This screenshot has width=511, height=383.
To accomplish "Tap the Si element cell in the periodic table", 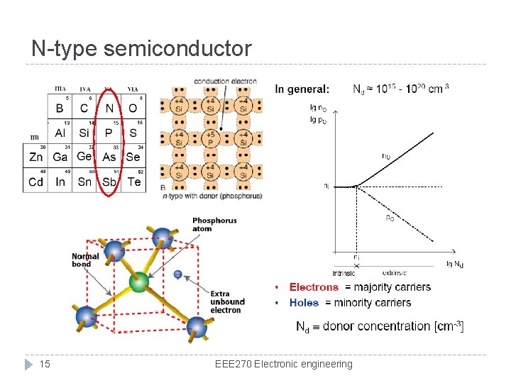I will pyautogui.click(x=84, y=133).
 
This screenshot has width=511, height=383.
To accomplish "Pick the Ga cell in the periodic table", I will pyautogui.click(x=60, y=157).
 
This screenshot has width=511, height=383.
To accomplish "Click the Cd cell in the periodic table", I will pyautogui.click(x=35, y=182).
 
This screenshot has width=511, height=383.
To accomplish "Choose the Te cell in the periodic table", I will pyautogui.click(x=133, y=182).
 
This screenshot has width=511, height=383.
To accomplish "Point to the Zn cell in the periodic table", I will pyautogui.click(x=35, y=157).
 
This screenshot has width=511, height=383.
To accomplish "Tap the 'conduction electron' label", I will pyautogui.click(x=225, y=82).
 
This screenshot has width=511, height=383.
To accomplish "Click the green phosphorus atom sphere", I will pyautogui.click(x=141, y=282).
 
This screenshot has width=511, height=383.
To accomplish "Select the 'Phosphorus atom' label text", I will pyautogui.click(x=214, y=225).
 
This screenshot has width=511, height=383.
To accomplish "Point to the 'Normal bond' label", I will pyautogui.click(x=85, y=260).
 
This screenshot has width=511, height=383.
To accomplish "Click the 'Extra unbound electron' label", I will pyautogui.click(x=227, y=301).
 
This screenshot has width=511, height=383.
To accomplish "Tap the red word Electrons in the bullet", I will pyautogui.click(x=314, y=287).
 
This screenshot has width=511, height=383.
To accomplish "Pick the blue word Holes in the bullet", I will pyautogui.click(x=304, y=303).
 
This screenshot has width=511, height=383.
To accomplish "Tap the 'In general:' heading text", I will pyautogui.click(x=302, y=89).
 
